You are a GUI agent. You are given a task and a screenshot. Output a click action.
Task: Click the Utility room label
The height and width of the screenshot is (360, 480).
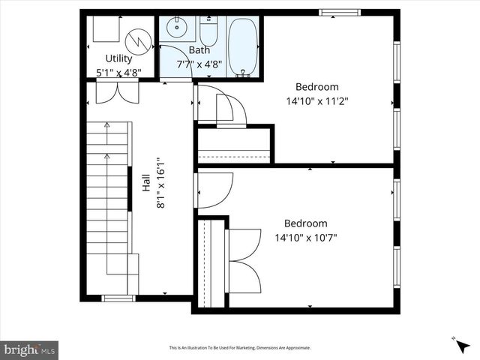118,58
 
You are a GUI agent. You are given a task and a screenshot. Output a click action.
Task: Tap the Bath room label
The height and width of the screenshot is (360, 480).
199,50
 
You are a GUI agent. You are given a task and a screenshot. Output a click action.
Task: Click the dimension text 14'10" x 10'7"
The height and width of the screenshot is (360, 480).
306,238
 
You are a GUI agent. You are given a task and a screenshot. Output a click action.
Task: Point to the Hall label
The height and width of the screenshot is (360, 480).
146,182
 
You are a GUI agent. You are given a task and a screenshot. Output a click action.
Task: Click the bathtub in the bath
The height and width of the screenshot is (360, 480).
242,46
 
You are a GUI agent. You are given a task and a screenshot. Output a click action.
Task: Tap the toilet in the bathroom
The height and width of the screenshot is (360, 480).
208,31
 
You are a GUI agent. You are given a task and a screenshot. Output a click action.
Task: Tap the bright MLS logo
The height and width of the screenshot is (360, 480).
29,349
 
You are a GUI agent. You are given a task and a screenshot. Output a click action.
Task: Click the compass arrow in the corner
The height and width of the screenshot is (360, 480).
461,346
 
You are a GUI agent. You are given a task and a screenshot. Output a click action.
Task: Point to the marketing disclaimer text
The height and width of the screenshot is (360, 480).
240,348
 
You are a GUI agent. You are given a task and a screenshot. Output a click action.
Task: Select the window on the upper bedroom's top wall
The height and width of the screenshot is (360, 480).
340,12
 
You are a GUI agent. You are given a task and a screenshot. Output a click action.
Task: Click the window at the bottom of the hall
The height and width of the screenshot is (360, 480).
118,298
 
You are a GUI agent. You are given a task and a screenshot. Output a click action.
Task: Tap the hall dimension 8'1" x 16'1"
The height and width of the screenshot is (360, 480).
160,182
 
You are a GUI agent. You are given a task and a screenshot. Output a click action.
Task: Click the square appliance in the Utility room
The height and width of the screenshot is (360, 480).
105,29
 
